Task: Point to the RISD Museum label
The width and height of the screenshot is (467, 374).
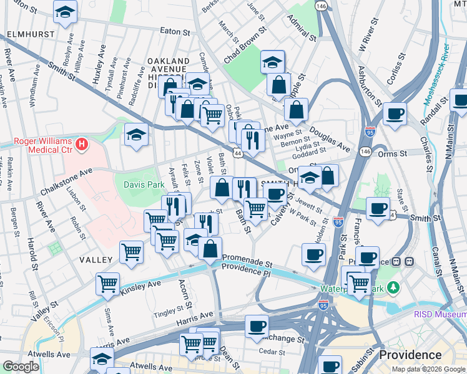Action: coord(440,314)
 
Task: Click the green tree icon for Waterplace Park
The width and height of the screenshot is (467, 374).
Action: coord(393,287)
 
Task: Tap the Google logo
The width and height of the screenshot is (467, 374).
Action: coord(21,367)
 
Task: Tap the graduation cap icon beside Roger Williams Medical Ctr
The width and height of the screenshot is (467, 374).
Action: coord(135,135)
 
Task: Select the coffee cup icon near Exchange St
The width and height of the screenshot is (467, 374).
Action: coord(257,326)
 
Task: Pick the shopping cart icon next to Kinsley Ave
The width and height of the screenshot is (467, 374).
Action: coord(108,284)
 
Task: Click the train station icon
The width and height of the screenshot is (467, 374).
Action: coord(410,262)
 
